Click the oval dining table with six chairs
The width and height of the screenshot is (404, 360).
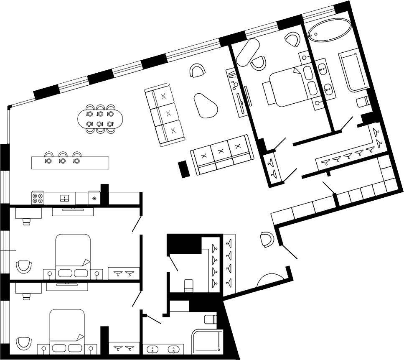click(100, 119)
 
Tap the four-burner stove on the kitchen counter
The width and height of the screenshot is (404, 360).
click(38, 197)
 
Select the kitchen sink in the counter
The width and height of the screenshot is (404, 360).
click(64, 198)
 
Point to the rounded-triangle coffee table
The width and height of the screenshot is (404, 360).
click(205, 105)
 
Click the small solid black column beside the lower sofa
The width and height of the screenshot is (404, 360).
click(183, 169)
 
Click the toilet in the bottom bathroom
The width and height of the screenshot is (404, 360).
click(211, 321)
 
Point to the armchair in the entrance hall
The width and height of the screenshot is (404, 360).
click(266, 239)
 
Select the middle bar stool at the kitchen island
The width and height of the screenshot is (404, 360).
click(63, 157)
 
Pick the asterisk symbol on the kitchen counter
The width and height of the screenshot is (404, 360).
click(94, 198)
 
